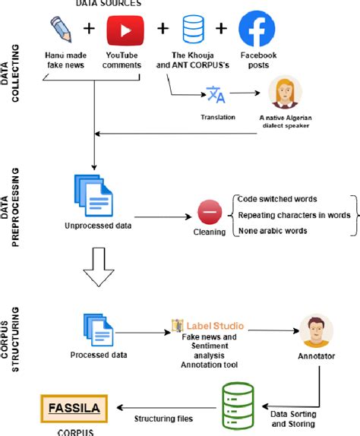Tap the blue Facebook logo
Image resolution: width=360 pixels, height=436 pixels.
(256, 30)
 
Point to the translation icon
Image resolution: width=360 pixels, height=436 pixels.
(216, 95)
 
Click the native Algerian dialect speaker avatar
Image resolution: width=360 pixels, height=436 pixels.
(286, 95)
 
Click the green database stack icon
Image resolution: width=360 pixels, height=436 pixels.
(238, 403)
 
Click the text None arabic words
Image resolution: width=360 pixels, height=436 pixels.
(272, 231)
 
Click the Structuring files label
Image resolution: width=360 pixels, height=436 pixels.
(163, 418)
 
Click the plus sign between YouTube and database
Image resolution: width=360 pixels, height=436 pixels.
(163, 29)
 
